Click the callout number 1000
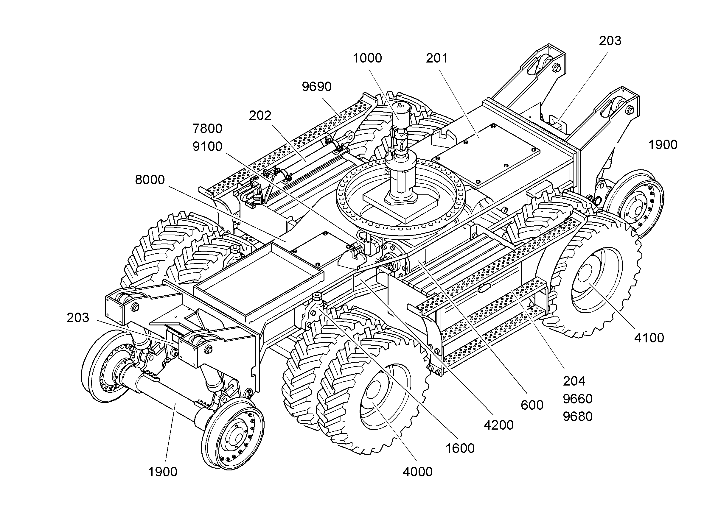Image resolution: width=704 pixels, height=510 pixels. pyautogui.click(x=367, y=58)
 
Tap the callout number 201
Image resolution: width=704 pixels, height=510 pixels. pyautogui.click(x=437, y=58)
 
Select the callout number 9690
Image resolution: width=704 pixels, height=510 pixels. pyautogui.click(x=317, y=87)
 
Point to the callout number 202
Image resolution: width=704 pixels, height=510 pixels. pyautogui.click(x=260, y=116)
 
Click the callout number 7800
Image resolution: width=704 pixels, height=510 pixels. pyautogui.click(x=207, y=129)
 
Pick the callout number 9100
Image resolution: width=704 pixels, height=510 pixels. pyautogui.click(x=207, y=147)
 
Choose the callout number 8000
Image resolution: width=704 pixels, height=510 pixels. pyautogui.click(x=150, y=180)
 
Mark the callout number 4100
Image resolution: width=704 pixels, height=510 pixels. pyautogui.click(x=649, y=338)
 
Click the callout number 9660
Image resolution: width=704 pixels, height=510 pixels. pyautogui.click(x=578, y=399)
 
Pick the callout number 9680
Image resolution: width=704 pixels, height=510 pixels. pyautogui.click(x=578, y=417)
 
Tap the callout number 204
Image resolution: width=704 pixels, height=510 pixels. pyautogui.click(x=574, y=381)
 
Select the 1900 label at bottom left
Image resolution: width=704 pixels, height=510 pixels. pyautogui.click(x=163, y=472)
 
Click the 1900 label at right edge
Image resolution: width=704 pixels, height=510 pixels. pyautogui.click(x=663, y=145)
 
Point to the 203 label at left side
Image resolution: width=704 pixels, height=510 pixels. pyautogui.click(x=78, y=318)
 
